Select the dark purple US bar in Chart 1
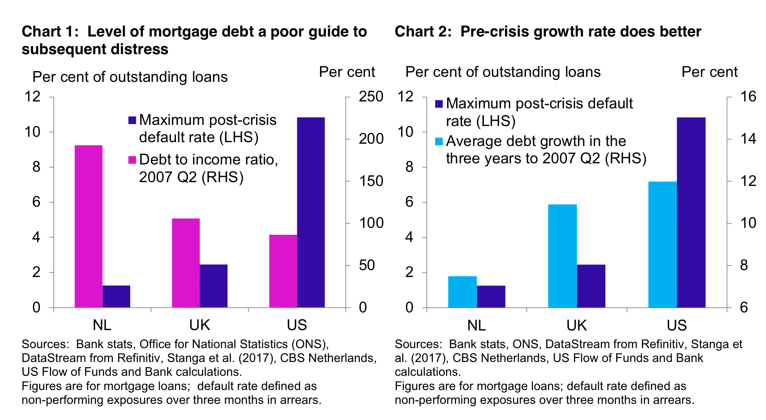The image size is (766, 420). tap(311, 212)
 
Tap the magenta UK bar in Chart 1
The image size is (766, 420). tap(186, 263)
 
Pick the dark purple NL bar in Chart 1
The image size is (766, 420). tap(116, 296)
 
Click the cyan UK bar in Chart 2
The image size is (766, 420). tap(562, 256)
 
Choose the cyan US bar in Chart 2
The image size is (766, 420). tap(662, 244)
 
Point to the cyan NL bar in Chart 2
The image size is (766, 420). tap(462, 292)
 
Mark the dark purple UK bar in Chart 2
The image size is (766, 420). tap(591, 286)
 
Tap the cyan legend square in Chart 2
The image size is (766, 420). tap(439, 141)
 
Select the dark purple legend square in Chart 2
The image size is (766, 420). tap(439, 104)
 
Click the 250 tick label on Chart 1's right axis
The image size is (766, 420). tap(371, 96)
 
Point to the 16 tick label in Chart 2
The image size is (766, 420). tap(748, 96)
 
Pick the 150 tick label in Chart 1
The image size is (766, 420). tap(371, 181)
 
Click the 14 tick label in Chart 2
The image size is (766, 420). tap(748, 139)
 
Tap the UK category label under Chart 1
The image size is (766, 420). tap(199, 325)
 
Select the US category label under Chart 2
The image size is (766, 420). tap(676, 325)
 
